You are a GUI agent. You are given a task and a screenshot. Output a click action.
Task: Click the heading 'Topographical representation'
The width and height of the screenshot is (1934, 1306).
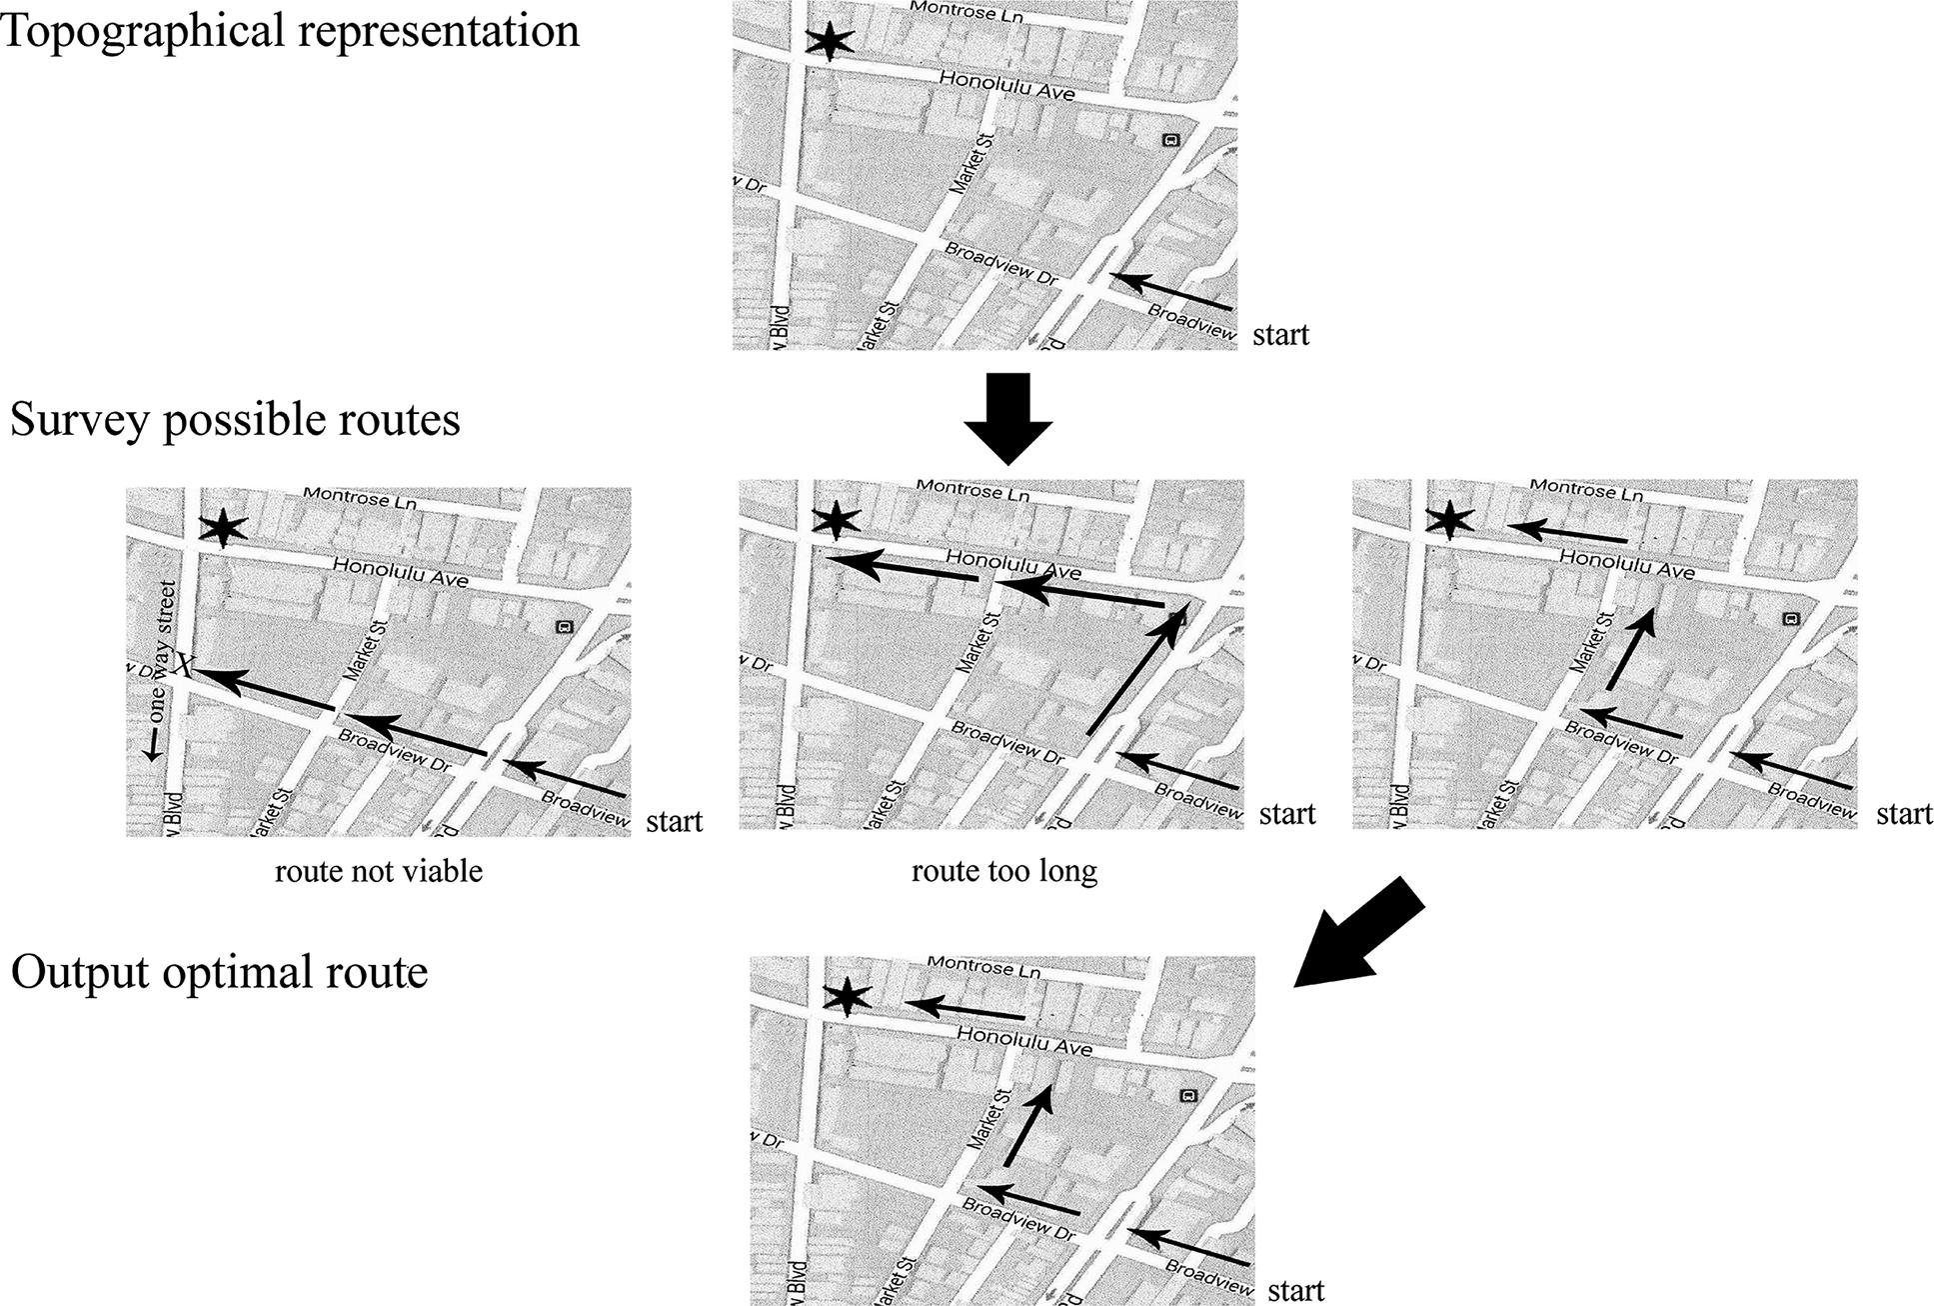click(290, 30)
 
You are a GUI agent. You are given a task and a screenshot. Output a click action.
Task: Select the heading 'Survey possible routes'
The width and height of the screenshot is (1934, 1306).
click(235, 419)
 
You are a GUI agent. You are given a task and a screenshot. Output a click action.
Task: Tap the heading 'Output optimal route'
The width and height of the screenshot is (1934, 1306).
click(219, 971)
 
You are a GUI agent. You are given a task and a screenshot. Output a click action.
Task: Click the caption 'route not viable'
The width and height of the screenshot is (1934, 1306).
click(379, 871)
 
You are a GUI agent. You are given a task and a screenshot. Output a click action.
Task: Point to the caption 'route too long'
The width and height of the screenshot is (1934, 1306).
click(1004, 871)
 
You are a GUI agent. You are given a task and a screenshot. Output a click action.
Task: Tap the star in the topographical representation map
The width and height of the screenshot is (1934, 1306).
click(830, 42)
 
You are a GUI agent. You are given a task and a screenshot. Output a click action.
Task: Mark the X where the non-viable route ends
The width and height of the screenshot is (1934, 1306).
click(184, 663)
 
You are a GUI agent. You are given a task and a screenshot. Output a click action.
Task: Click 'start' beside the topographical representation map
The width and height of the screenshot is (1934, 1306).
click(1280, 333)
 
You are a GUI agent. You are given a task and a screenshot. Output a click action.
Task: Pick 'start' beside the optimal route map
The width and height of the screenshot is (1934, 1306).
click(1296, 1290)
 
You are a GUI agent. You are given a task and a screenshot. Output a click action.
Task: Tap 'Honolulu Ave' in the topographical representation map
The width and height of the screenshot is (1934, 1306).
click(1006, 86)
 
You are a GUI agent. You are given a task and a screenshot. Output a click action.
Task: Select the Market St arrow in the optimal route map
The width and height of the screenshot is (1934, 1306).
click(1028, 1126)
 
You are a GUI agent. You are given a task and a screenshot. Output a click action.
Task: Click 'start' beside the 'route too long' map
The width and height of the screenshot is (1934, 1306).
click(1287, 814)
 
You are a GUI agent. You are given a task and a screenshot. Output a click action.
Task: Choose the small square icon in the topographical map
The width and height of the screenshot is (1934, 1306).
click(1171, 140)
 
